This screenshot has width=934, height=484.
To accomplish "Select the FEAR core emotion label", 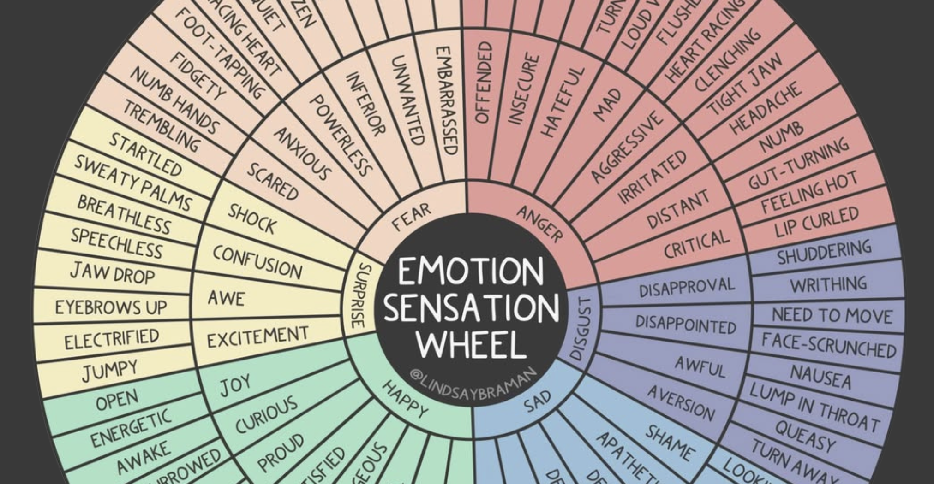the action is coord(412,217).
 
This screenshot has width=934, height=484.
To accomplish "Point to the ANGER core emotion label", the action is coord(539,224).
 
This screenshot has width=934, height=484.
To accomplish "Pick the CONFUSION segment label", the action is coord(257,262).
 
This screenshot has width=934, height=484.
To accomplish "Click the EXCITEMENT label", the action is coord(257,337).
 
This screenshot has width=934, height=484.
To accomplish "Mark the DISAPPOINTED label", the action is coord(685,324).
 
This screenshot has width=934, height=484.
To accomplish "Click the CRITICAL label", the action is coord(696,244).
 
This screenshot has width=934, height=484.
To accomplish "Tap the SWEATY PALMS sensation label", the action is coord(133,183).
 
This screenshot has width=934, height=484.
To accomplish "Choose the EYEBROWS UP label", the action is coord(111,307).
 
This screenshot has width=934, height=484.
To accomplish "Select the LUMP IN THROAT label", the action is coord(814,407).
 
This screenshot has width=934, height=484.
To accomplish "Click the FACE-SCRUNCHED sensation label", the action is coord(828,345).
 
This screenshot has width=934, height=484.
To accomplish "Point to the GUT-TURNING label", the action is coord(798,163).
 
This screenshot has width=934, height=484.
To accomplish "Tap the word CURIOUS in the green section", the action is coord(266,414).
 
